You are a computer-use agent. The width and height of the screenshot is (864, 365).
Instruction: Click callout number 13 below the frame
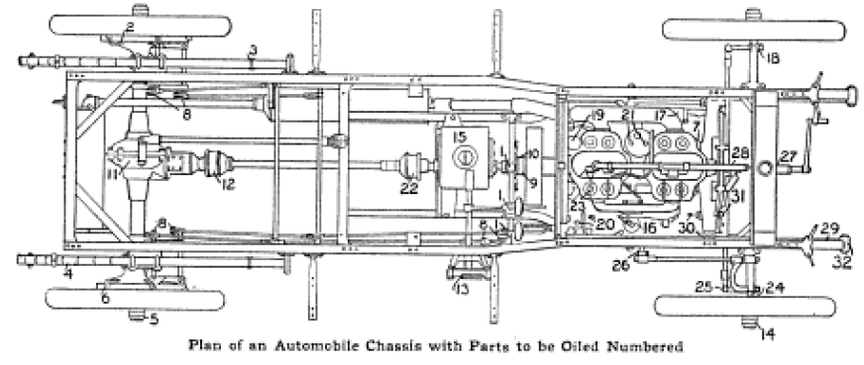(x=461, y=289)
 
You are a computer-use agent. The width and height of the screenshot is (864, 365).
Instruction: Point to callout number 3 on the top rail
(x=254, y=49)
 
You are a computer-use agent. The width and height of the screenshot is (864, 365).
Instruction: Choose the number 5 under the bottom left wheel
(x=153, y=319)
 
